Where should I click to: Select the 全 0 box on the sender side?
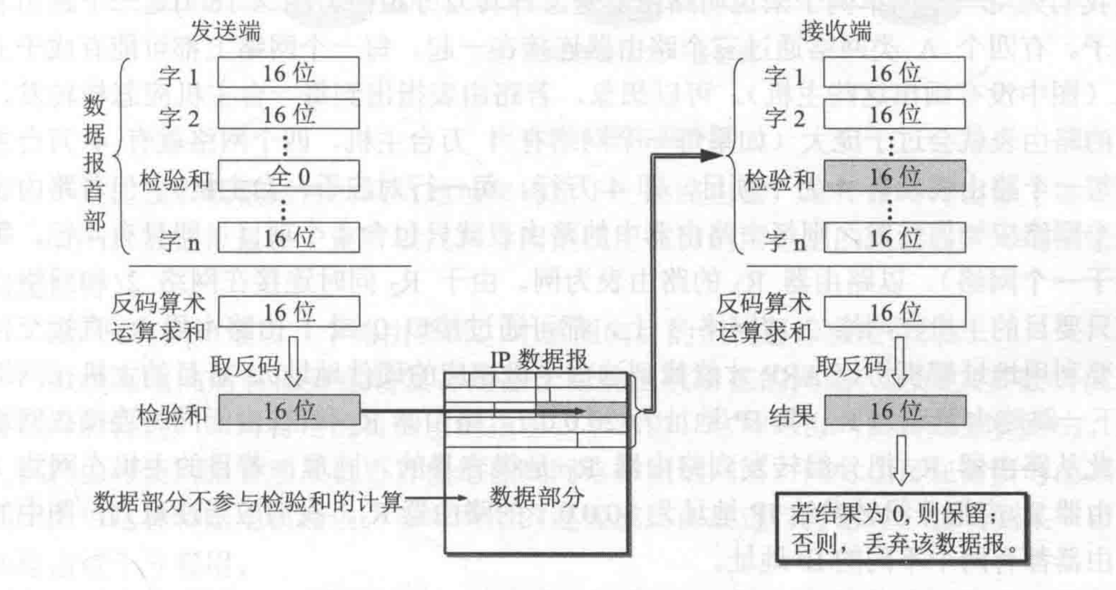point(289,177)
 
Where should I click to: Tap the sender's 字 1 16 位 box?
point(289,73)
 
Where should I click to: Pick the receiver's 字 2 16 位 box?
point(894,115)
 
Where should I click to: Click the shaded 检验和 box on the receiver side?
point(894,177)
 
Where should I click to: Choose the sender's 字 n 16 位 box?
point(289,238)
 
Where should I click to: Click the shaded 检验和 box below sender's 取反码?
point(289,411)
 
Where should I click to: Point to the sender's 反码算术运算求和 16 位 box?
point(289,312)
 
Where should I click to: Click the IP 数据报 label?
point(539,360)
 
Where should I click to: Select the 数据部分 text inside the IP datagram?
point(536,497)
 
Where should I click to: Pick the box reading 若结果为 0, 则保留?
point(901,527)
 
